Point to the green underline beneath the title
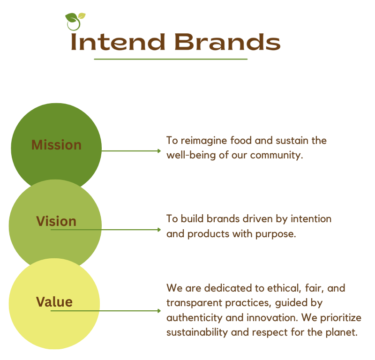click(x=171, y=60)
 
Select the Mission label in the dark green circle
click(x=56, y=145)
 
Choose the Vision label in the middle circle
click(x=56, y=221)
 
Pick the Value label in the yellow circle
click(x=54, y=301)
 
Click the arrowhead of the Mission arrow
click(x=159, y=151)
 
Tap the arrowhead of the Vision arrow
click(x=159, y=230)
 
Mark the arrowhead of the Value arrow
click(x=159, y=311)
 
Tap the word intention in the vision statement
click(x=311, y=219)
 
